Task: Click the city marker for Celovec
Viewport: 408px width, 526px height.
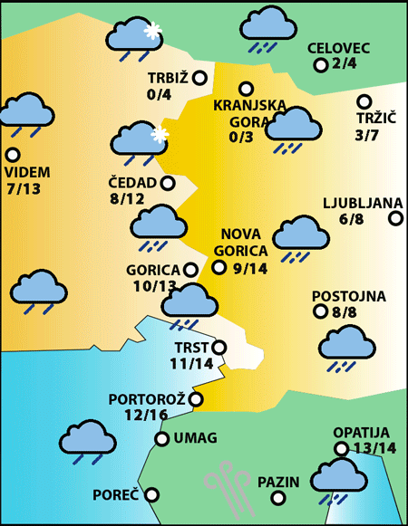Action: click(320, 65)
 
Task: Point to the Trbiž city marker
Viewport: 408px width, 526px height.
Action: click(199, 78)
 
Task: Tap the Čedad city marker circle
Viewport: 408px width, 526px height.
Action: click(168, 183)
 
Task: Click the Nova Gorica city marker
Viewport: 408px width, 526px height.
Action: click(219, 266)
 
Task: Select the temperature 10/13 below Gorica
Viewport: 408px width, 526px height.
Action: click(154, 286)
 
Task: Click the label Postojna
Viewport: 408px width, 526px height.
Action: click(349, 296)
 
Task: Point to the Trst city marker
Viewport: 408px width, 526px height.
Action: click(219, 347)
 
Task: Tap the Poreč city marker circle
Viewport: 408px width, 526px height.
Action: click(152, 494)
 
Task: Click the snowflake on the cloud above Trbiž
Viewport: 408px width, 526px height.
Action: click(152, 30)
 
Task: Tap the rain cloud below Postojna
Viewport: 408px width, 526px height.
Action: click(346, 346)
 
